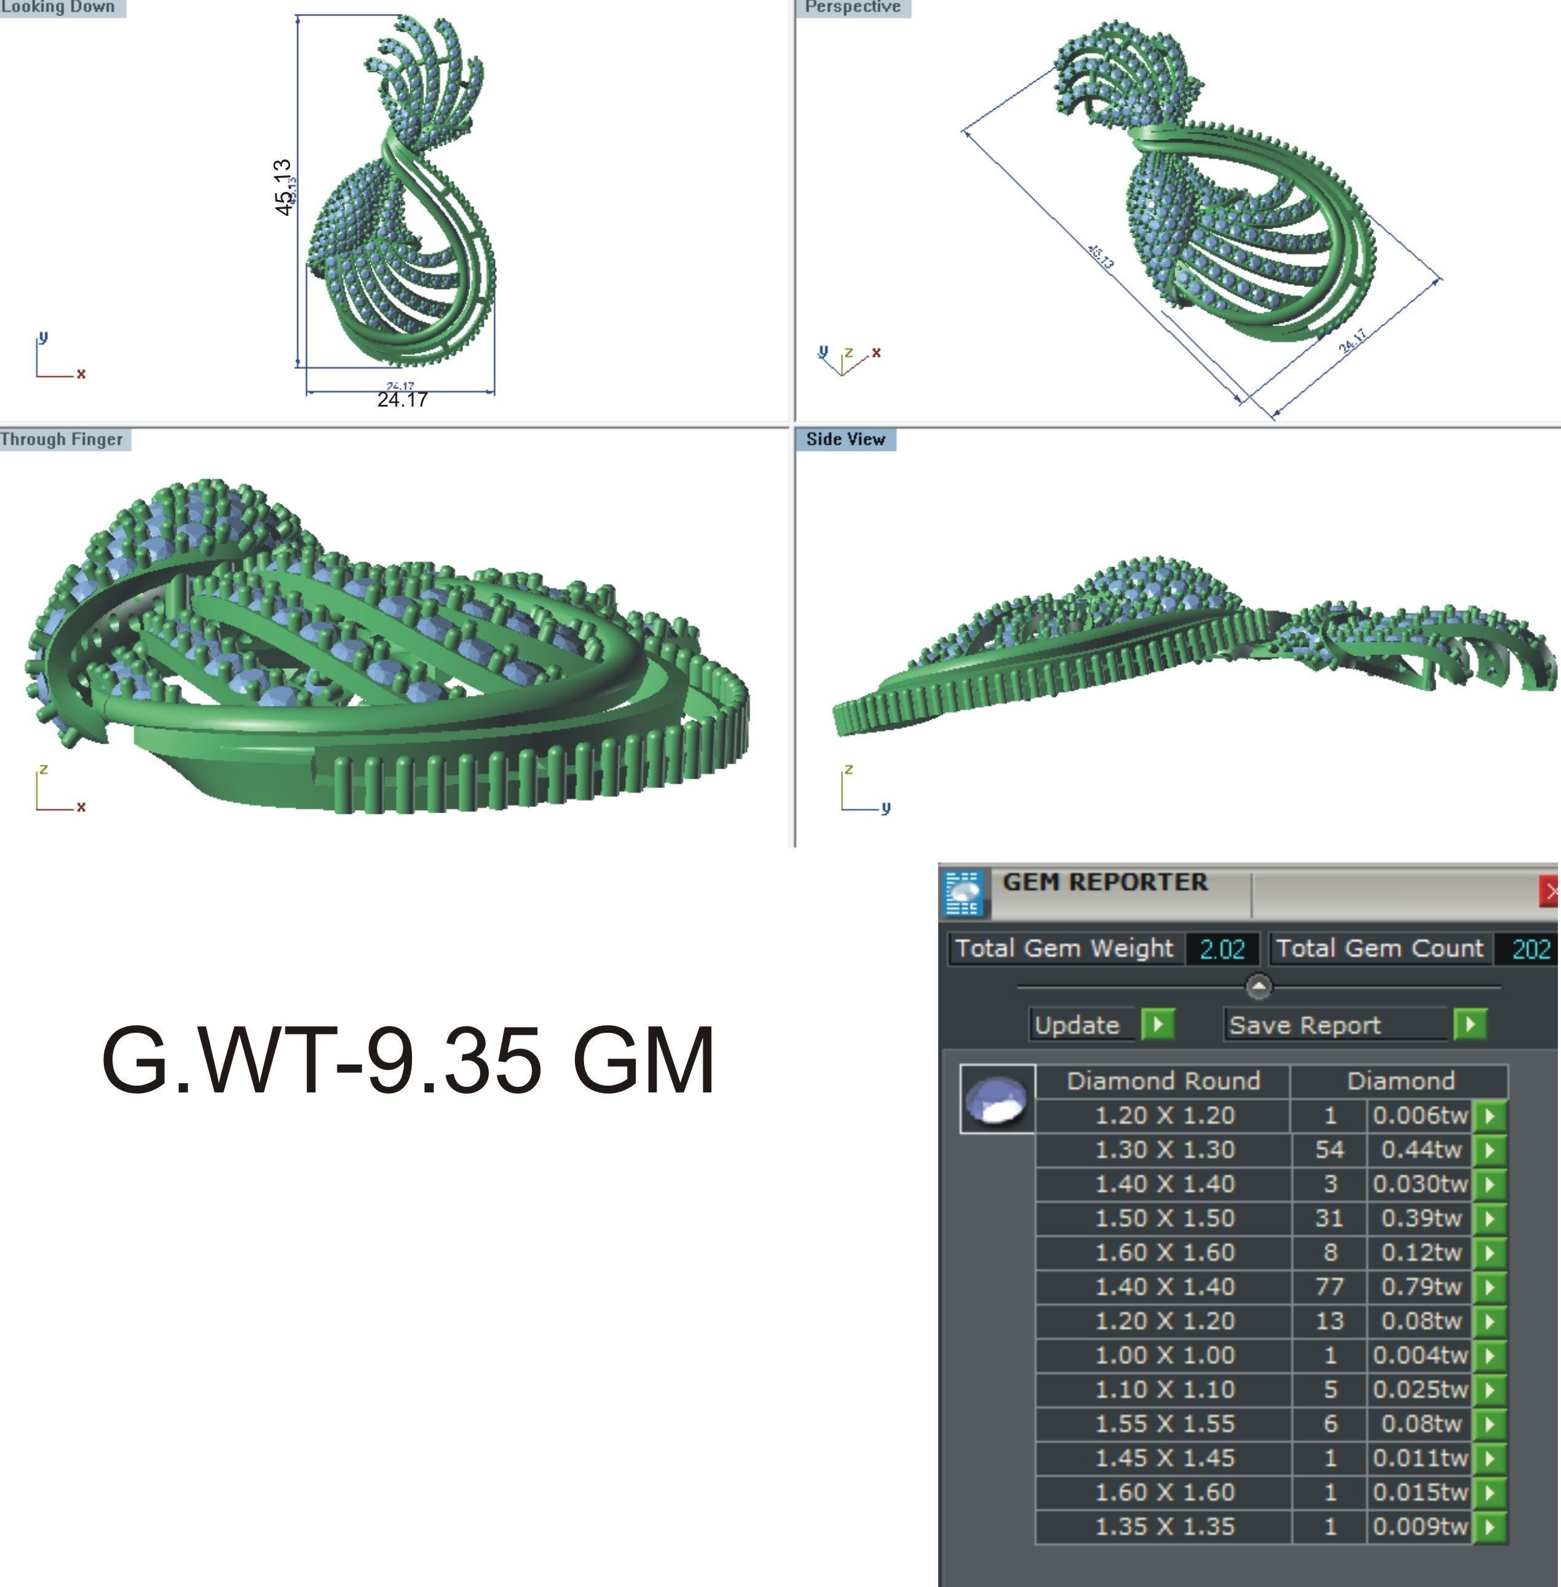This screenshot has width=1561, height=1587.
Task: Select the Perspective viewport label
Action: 853,7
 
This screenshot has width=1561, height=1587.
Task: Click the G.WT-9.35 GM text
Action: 408,1060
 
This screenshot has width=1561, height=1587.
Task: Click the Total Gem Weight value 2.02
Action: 1222,949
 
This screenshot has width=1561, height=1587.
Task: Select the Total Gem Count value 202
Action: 1530,949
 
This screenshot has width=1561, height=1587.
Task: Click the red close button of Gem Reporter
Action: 1549,891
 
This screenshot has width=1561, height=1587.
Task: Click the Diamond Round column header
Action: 1163,1081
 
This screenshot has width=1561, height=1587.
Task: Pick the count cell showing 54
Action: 1329,1150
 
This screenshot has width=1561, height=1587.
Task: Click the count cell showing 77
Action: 1329,1287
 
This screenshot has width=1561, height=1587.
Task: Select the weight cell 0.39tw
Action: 1421,1219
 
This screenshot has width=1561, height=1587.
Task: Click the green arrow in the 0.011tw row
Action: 1490,1458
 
